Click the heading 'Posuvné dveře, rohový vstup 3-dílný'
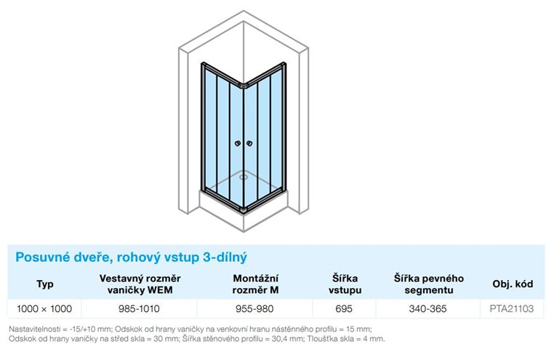(131, 257)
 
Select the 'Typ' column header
(45, 284)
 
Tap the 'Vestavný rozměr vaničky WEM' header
(140, 284)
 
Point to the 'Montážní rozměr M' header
(255, 284)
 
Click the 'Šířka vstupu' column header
(345, 284)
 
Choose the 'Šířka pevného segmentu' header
(428, 284)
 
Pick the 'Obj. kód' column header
(513, 284)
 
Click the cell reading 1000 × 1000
(44, 309)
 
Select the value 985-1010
(139, 309)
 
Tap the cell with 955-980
(254, 309)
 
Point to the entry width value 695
(344, 309)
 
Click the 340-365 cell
(427, 309)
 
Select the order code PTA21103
(512, 309)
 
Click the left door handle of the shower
(238, 143)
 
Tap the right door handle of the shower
(249, 143)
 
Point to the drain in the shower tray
(244, 177)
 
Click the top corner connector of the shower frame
(244, 86)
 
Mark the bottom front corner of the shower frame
(244, 211)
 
